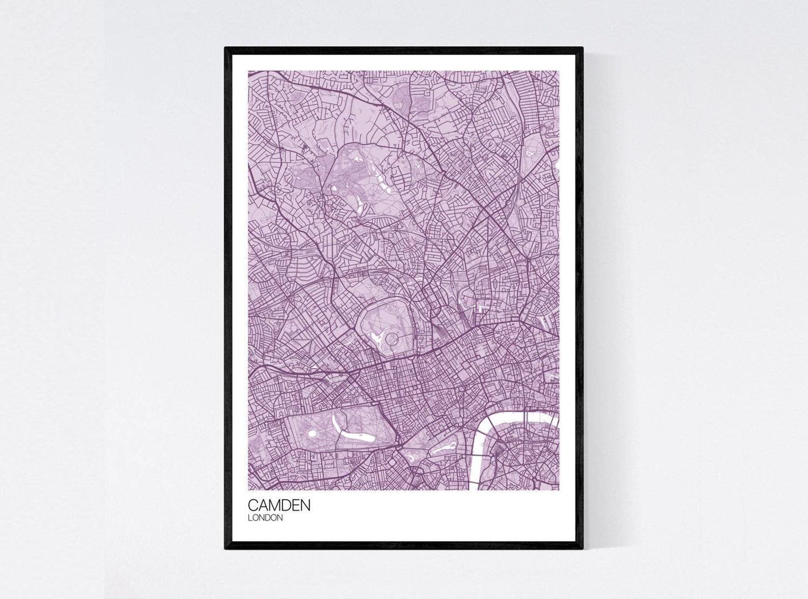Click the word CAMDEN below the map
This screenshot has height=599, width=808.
pyautogui.click(x=279, y=505)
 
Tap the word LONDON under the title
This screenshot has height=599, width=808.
pyautogui.click(x=265, y=518)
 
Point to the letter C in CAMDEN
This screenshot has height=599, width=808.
pyautogui.click(x=253, y=505)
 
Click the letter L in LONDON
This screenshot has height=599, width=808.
pyautogui.click(x=250, y=518)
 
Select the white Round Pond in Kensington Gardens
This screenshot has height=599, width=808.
pyautogui.click(x=312, y=433)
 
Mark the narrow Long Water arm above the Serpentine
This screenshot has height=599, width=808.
pyautogui.click(x=336, y=420)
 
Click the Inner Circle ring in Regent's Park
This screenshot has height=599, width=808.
pyautogui.click(x=391, y=338)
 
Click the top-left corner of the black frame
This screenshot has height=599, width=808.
pyautogui.click(x=226, y=48)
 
